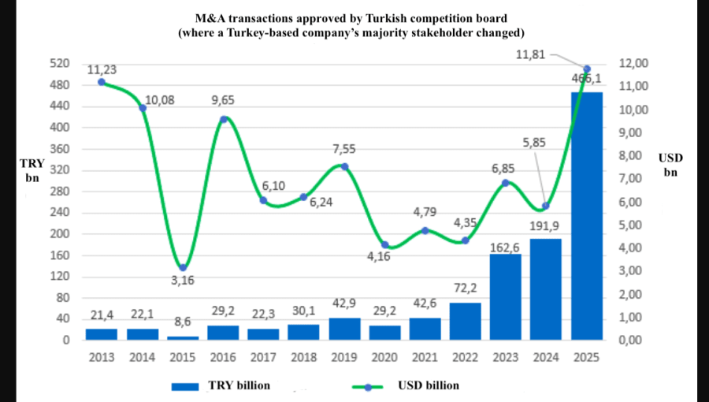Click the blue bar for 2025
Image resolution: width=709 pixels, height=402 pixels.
click(587, 216)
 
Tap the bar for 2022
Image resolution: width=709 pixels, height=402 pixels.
click(466, 321)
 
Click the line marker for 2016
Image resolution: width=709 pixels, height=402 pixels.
click(224, 119)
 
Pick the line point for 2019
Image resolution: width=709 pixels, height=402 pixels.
click(344, 166)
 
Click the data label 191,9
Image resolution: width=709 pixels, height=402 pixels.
click(546, 227)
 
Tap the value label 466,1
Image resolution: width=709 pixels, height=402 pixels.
click(587, 80)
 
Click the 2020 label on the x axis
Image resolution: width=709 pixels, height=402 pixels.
click(384, 357)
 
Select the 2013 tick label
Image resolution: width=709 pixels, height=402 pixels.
click(102, 357)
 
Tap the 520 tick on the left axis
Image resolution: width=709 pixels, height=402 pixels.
click(60, 63)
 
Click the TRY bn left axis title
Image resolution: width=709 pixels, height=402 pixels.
click(32, 171)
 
